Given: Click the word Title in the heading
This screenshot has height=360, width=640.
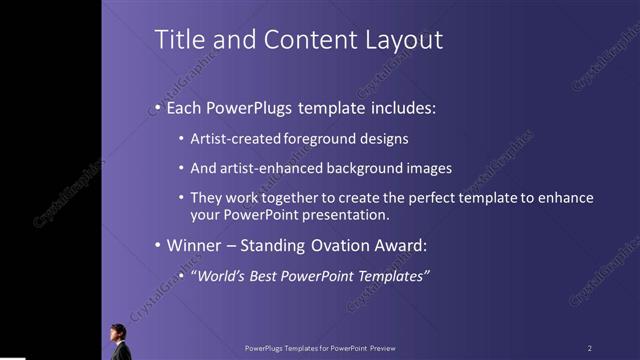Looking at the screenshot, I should pyautogui.click(x=177, y=40).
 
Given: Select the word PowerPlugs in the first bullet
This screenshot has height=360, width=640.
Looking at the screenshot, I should pyautogui.click(x=246, y=107).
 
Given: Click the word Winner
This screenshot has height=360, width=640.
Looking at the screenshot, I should pyautogui.click(x=195, y=245).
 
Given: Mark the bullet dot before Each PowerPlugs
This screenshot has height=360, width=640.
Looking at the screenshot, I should pyautogui.click(x=157, y=108).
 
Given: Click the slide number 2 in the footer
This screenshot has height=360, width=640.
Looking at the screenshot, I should pyautogui.click(x=589, y=348).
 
